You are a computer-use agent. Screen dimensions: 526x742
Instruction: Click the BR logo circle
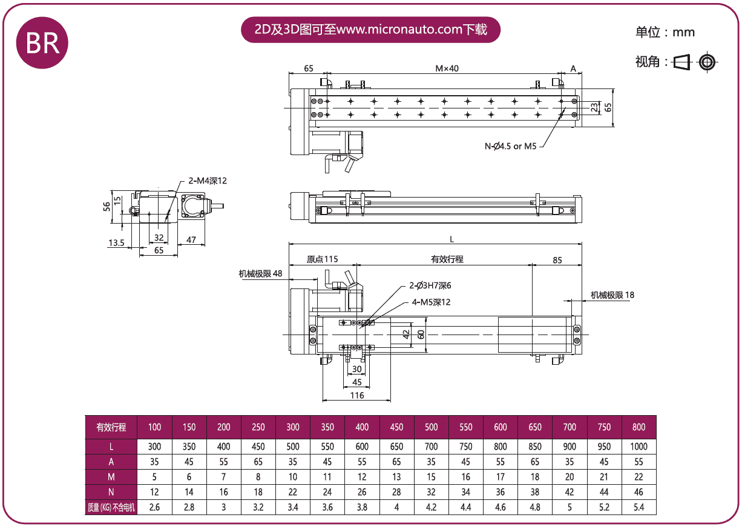point(42,43)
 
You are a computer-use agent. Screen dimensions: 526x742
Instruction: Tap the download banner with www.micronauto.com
point(370,30)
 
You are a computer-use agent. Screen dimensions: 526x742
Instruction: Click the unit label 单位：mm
point(665,32)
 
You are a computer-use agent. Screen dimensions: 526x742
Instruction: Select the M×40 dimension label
point(447,68)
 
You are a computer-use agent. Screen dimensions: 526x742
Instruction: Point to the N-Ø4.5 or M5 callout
point(511,146)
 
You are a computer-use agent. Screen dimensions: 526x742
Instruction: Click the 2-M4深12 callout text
point(207,181)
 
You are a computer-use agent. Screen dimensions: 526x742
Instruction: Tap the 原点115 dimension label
point(322,259)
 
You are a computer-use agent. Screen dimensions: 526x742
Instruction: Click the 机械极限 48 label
point(260,273)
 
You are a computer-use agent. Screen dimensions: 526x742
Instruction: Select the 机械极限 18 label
point(612,295)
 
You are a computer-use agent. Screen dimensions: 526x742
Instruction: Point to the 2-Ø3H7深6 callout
point(430,285)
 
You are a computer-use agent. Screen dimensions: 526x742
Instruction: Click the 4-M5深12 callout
point(431,302)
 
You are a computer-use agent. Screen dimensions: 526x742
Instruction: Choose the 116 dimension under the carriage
point(357,395)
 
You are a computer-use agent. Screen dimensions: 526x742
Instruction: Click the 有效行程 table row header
point(111,427)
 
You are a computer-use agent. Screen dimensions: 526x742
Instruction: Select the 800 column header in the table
point(639,427)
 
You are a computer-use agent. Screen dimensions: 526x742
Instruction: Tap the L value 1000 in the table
point(639,447)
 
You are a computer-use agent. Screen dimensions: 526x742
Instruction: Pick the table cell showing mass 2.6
point(154,507)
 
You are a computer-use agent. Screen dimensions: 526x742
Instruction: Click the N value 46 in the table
point(639,492)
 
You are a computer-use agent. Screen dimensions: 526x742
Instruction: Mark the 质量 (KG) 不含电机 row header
point(111,507)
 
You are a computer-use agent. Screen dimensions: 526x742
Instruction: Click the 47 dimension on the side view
point(191,239)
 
